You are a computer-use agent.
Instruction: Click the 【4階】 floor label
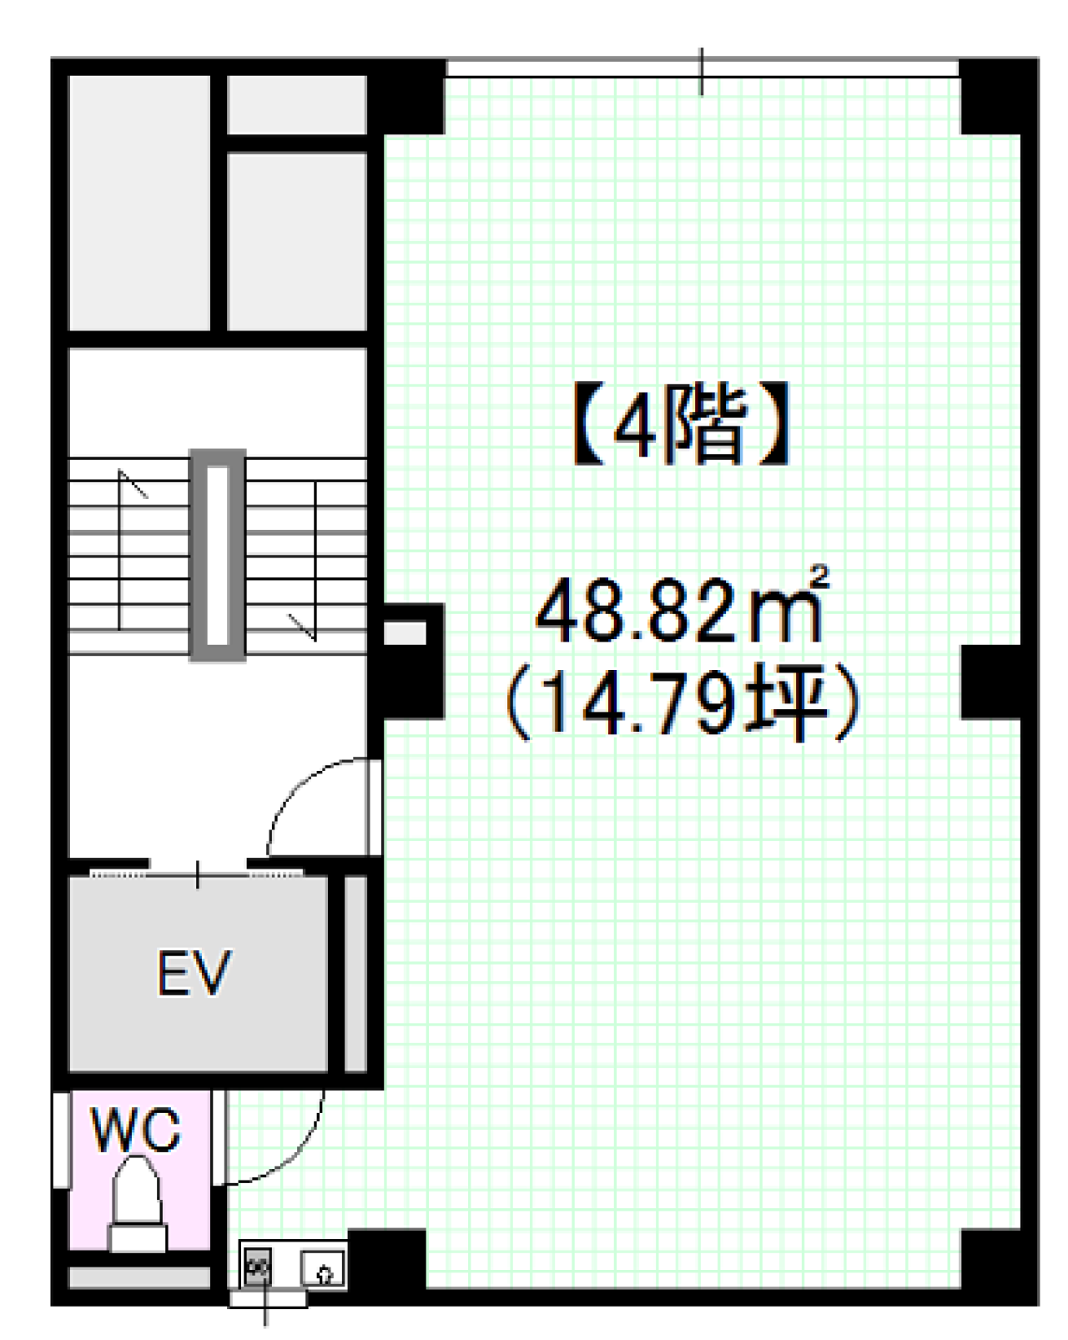(x=680, y=423)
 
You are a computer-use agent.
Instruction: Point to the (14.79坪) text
(x=680, y=703)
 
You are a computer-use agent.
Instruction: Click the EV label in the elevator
(x=194, y=973)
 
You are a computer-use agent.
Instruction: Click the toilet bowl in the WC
(x=137, y=1193)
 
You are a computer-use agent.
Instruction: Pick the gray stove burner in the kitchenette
(x=259, y=1269)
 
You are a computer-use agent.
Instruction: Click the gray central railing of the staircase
(x=218, y=556)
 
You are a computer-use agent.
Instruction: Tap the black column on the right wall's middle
(x=990, y=683)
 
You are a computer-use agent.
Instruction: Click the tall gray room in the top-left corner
(x=139, y=202)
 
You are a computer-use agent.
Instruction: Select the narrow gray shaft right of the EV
(x=356, y=973)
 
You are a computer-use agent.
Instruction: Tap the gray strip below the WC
(x=139, y=1277)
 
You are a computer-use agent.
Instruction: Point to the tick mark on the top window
(x=702, y=72)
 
